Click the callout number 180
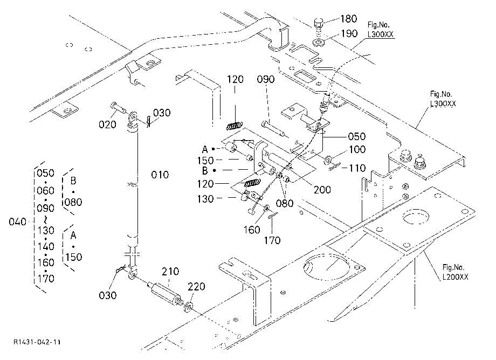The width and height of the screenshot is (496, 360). point(349,19)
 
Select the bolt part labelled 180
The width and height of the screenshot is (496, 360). point(319,24)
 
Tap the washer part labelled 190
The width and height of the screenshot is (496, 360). point(318,41)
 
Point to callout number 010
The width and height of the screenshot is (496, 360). point(160,175)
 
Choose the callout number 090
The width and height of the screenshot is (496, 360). point(266,79)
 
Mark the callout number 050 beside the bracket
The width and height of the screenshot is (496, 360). point(357,136)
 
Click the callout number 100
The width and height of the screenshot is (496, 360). point(357,149)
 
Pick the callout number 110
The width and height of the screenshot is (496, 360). point(358,168)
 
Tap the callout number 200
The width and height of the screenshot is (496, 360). point(322,189)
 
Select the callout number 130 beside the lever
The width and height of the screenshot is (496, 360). point(205,199)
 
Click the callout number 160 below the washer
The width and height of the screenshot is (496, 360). point(252,230)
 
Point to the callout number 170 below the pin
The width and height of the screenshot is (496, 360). point(272,240)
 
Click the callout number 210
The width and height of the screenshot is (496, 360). point(170,271)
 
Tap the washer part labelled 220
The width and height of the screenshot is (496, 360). point(189,307)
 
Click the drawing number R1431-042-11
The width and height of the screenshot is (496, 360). point(37,342)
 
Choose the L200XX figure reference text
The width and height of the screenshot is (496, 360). point(455,277)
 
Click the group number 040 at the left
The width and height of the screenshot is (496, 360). point(17,221)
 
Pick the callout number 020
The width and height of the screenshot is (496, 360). point(107,124)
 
